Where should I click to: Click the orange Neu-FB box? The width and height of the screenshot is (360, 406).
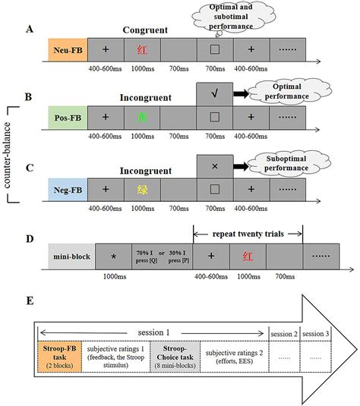[67, 52]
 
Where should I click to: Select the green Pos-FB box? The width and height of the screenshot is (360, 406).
[67, 119]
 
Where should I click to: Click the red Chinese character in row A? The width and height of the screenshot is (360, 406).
[141, 52]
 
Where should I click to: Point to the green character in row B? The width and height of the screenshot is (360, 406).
[141, 119]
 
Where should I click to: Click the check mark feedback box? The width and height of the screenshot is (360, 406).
[214, 94]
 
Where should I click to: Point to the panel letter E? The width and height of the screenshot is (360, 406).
[28, 301]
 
